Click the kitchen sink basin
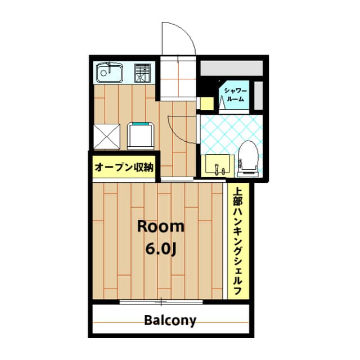(x=109, y=72)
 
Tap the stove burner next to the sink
(x=142, y=73)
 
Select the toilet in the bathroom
(x=247, y=159)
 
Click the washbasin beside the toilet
(x=217, y=164)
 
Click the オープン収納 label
(x=124, y=167)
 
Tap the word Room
(x=161, y=227)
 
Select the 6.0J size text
(x=161, y=249)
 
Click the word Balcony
(x=170, y=321)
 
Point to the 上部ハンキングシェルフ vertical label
(x=238, y=240)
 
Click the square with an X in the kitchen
(x=107, y=137)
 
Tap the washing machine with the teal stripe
(x=141, y=136)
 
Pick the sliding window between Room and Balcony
(x=161, y=301)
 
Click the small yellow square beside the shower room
(x=207, y=103)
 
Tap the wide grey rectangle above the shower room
(x=232, y=68)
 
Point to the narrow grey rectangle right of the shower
(x=259, y=96)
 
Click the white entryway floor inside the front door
(x=178, y=78)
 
